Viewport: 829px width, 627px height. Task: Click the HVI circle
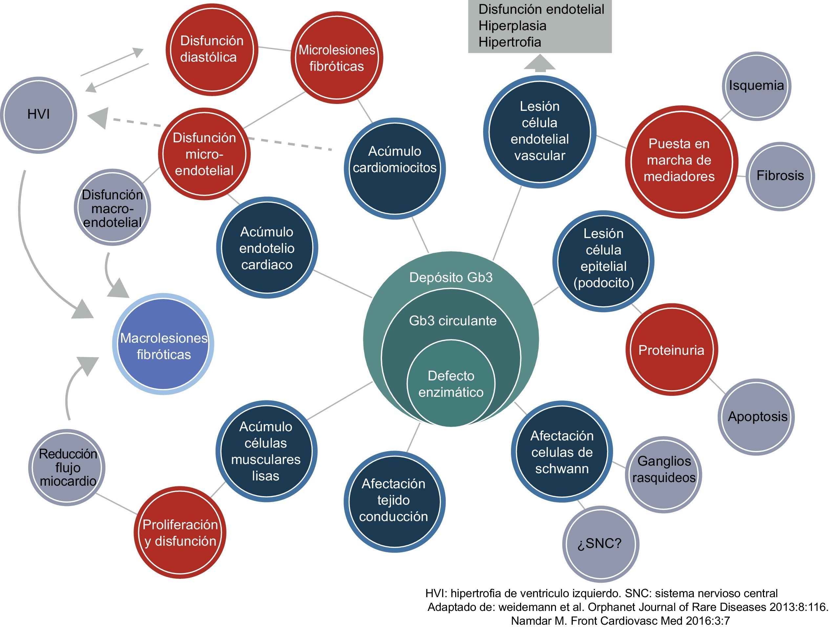click(39, 115)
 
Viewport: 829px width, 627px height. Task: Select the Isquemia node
click(756, 86)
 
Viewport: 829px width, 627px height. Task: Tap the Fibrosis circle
click(780, 176)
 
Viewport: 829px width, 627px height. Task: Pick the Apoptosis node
click(757, 416)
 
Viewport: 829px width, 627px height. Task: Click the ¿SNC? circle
click(600, 543)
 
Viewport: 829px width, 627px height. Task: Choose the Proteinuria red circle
click(671, 350)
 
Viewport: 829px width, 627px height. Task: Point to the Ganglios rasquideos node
click(663, 469)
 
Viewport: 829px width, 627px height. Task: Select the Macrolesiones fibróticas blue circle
click(163, 344)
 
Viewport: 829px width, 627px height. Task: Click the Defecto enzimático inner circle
click(451, 384)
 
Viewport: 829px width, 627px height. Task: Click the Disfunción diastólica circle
click(212, 49)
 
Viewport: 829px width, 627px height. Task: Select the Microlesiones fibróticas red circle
click(336, 58)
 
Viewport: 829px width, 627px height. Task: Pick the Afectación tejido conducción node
click(393, 500)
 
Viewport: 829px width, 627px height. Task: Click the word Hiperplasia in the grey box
click(512, 26)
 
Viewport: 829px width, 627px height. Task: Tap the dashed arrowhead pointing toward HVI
click(98, 118)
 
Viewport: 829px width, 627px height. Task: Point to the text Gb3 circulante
click(452, 321)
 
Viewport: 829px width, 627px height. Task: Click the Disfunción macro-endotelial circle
click(112, 208)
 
